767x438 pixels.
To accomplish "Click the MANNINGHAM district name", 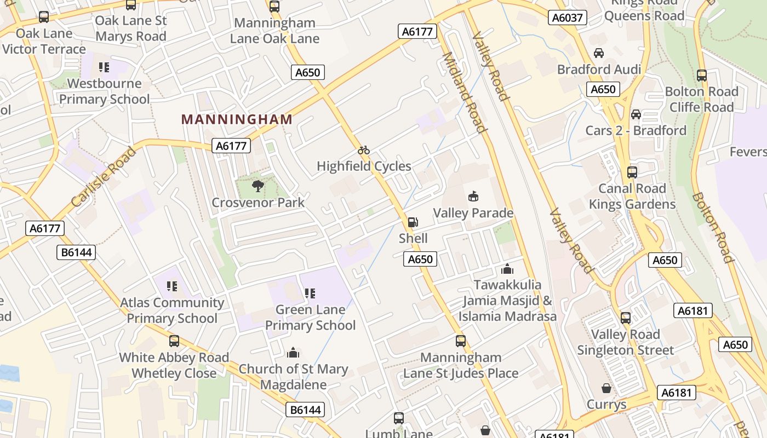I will click(237, 119).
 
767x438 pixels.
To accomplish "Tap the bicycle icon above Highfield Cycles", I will click(364, 150).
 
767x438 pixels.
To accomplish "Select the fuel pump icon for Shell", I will click(413, 222).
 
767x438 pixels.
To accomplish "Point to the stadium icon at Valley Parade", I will click(473, 197).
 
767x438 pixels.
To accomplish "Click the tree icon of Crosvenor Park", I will click(258, 187).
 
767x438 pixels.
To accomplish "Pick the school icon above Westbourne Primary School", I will click(104, 67).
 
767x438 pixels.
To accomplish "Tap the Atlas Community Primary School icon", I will click(172, 286).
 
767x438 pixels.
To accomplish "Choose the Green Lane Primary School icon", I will click(310, 293).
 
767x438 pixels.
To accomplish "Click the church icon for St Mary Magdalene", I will click(293, 352).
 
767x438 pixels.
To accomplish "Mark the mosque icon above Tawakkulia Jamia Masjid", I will click(507, 269).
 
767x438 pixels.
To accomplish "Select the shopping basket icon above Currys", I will click(606, 388).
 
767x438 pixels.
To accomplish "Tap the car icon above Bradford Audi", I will click(599, 53).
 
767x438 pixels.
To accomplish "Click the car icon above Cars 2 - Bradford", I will click(636, 114).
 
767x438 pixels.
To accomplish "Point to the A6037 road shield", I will click(567, 18).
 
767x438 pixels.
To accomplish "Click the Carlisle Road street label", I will click(104, 177).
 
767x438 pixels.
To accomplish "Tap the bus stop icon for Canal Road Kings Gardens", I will click(632, 172).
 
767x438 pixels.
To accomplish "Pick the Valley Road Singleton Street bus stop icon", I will click(625, 318).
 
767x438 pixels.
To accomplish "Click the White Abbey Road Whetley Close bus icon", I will click(174, 341).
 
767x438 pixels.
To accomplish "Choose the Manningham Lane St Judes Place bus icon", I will click(461, 341).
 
